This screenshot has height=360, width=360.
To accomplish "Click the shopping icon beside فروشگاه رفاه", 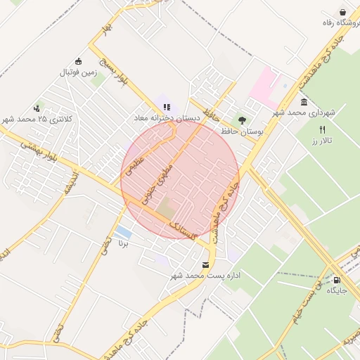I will coord(342,12).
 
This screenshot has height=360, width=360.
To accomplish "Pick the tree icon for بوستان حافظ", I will coord(243,120).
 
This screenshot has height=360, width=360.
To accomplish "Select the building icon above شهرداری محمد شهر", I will coord(303,102).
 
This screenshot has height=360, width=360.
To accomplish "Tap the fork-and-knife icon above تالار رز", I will coord(322,129).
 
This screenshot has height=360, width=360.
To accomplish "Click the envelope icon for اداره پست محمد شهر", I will coord(205,265).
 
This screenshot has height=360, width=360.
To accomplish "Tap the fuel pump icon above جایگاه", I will coord(346,278).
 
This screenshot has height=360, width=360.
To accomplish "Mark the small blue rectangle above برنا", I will coord(122,232).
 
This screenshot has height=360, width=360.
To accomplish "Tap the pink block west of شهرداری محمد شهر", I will coord(266,85).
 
